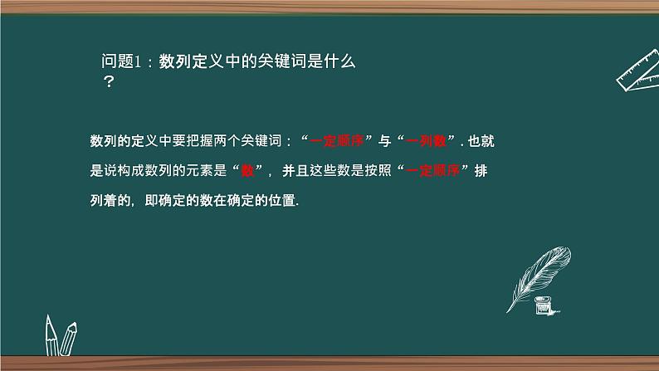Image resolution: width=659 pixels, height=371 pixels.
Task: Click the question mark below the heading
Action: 107,83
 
